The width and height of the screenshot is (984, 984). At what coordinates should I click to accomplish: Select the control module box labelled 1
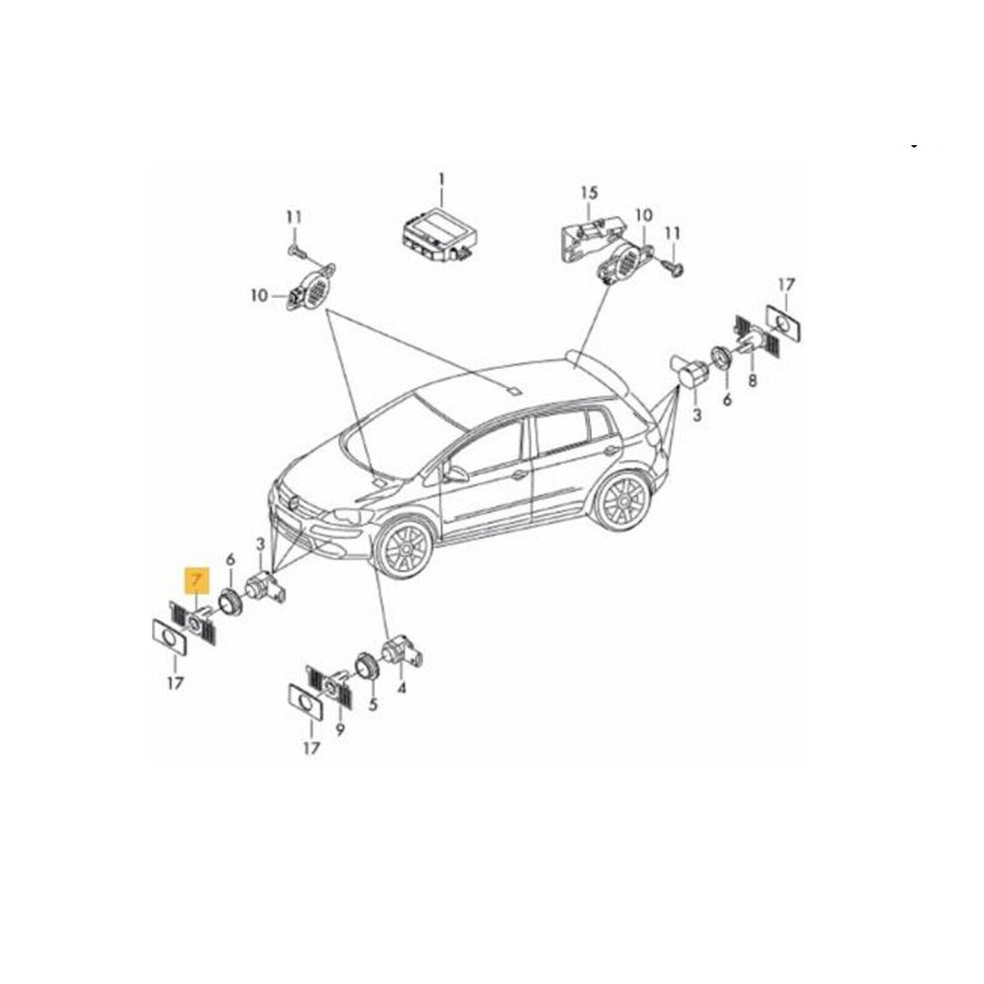point(439,237)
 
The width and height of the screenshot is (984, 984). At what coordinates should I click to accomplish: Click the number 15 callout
point(589,192)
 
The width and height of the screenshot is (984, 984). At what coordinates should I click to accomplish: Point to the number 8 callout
point(751,380)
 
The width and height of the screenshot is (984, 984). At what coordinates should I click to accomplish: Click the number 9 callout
point(340,730)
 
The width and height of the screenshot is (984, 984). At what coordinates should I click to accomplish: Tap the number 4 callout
point(402,688)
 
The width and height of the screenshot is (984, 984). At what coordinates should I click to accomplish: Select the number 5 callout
point(374,704)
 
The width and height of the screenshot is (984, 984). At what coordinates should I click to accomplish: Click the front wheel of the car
point(406,548)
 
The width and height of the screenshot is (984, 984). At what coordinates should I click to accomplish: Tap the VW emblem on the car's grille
point(292,503)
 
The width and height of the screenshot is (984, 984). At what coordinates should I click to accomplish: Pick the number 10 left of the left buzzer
point(259,295)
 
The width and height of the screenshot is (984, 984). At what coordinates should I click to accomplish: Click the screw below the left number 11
point(297,252)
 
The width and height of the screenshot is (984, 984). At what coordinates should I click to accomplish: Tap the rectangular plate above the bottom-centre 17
point(307,702)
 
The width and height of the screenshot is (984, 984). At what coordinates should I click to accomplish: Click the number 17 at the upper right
point(786,285)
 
